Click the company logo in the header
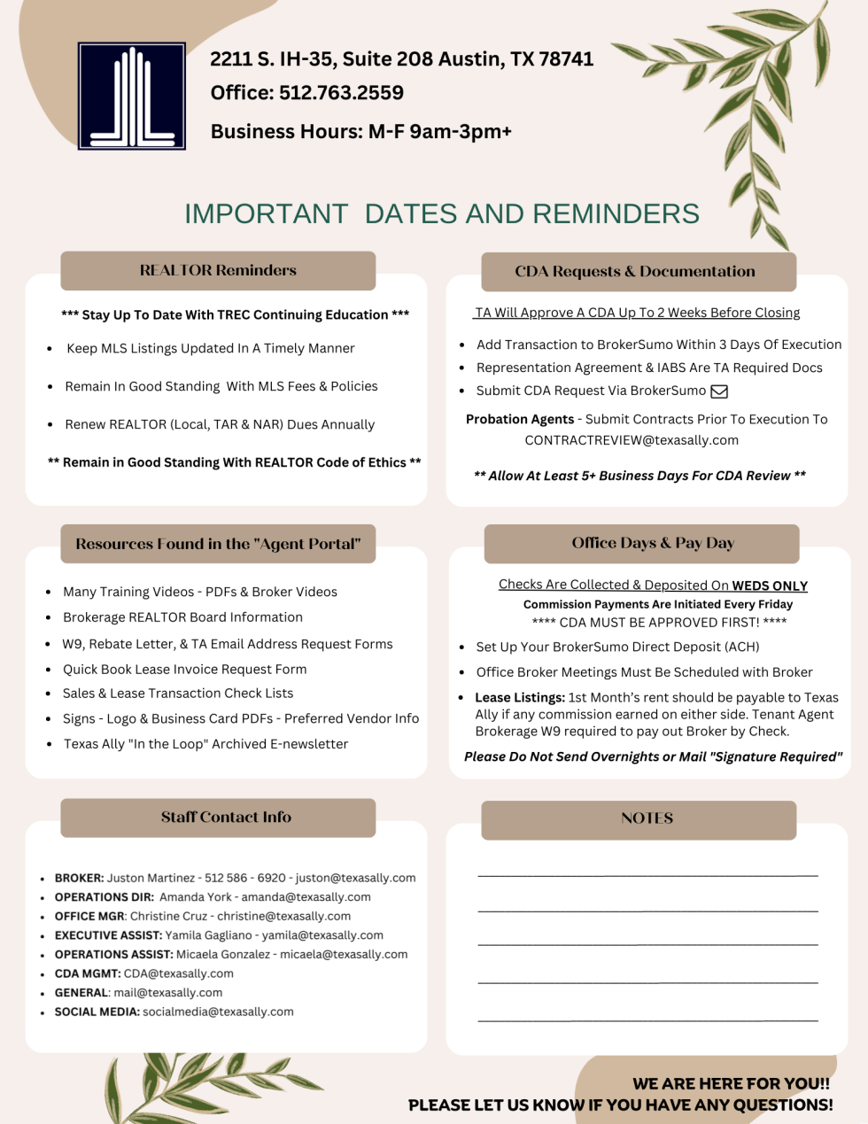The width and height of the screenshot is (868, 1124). coord(132,96)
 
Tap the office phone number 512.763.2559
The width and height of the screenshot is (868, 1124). coord(341,93)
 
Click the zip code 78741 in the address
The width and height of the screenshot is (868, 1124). coord(566,59)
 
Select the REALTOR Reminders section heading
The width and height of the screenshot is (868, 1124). coord(218,270)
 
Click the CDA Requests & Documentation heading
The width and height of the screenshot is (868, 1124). coord(635,272)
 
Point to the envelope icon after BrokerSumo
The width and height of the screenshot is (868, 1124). coord(719,391)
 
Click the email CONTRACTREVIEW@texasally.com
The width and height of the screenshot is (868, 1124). coord(632,440)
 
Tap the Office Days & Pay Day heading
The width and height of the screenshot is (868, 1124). coord(653,543)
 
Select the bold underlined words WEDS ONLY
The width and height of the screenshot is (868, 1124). coord(770,585)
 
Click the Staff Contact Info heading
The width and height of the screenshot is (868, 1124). coord(226,818)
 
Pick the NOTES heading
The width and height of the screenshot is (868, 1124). coord(647,819)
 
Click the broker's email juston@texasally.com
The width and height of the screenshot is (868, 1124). coord(355,878)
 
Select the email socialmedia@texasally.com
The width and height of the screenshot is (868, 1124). coord(218,1012)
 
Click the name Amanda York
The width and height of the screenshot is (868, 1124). coord(196,897)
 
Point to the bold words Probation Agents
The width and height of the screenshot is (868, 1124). coord(520,419)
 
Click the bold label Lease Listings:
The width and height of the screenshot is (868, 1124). coord(520,698)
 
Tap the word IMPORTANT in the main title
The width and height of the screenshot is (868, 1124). coord(266,214)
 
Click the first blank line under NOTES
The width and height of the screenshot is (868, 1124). coord(647,875)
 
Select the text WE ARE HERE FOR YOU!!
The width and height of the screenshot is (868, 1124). coord(731,1083)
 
